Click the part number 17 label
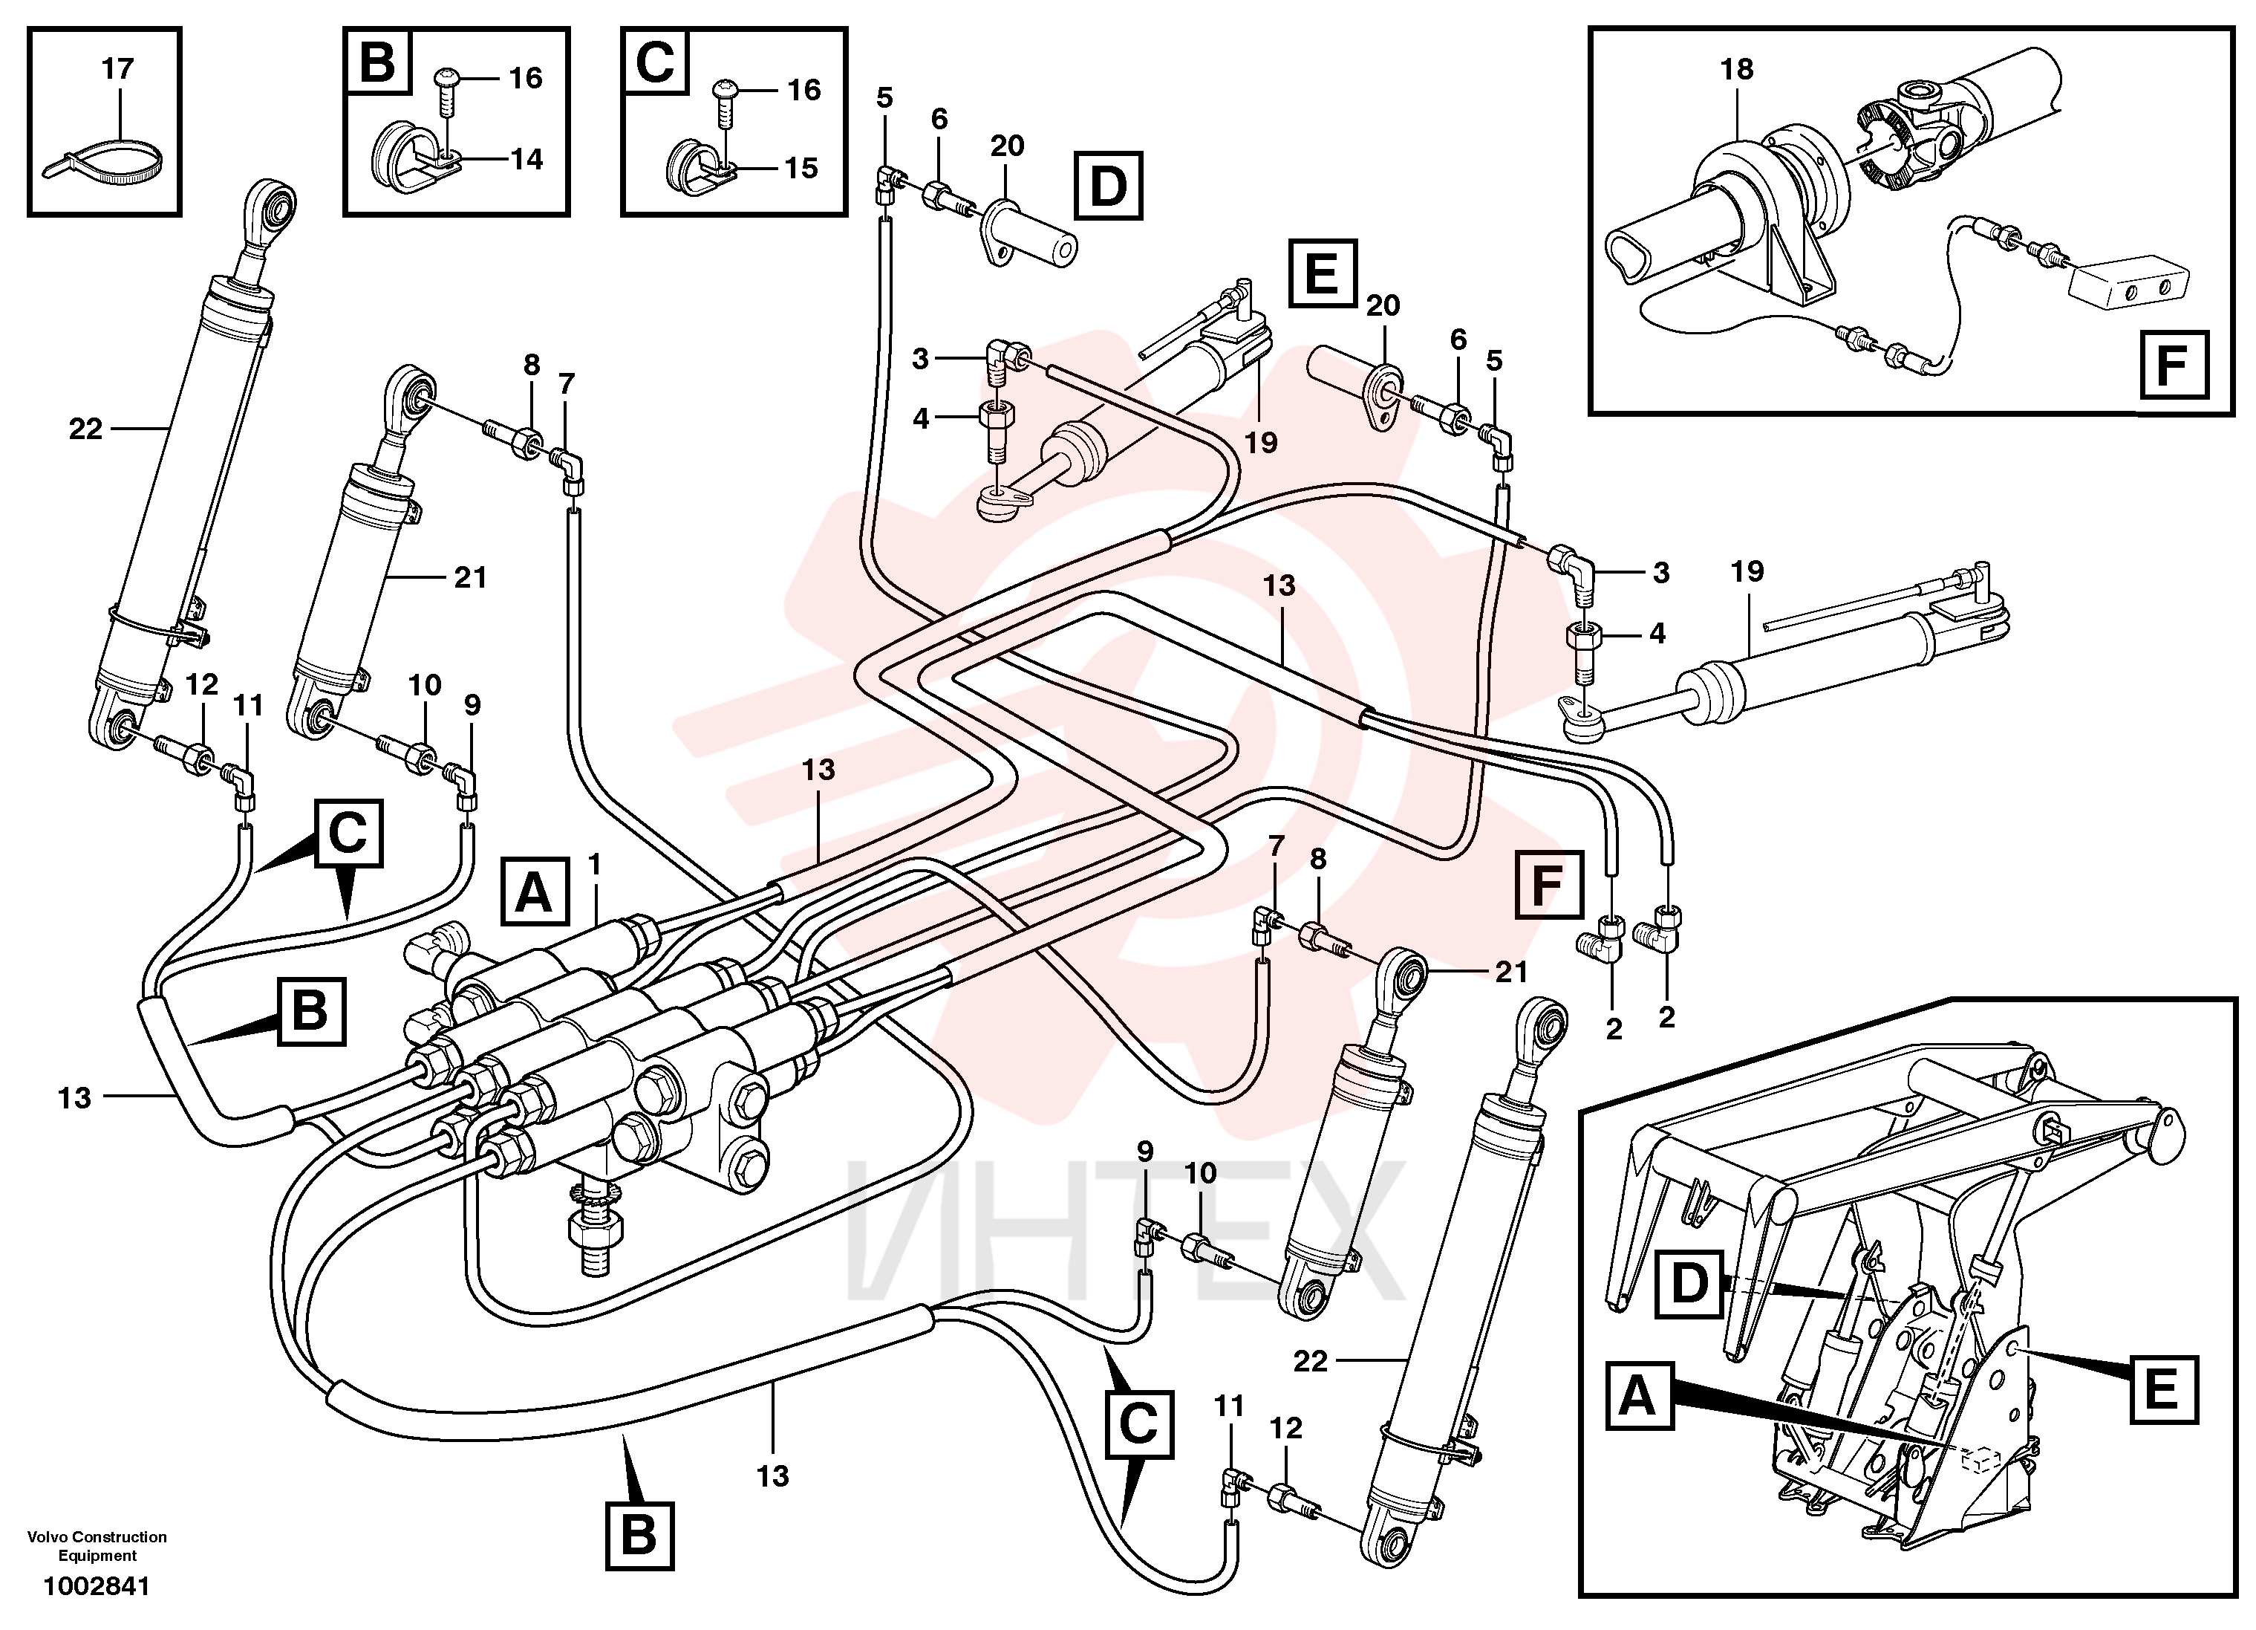[117, 70]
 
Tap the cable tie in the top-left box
[102, 159]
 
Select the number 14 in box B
[526, 159]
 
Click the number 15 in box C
[801, 168]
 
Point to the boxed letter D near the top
[1108, 186]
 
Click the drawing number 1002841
[97, 1586]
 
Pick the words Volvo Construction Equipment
[97, 1546]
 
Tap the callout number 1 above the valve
[595, 864]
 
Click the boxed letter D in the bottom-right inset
[1689, 1284]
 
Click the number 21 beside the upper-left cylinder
[471, 578]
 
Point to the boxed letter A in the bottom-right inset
[1638, 1397]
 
